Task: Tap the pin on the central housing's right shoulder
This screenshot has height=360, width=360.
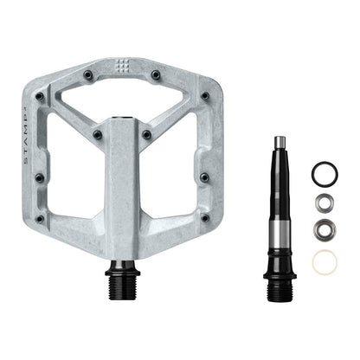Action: click(147, 135)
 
